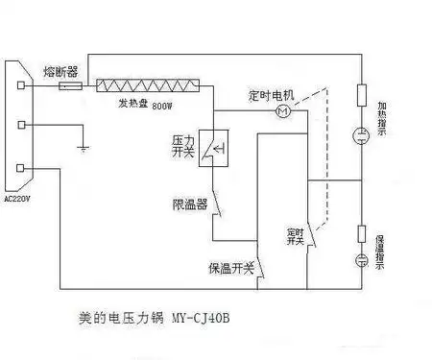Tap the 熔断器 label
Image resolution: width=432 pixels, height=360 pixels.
60,71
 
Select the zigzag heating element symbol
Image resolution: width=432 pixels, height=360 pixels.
148,85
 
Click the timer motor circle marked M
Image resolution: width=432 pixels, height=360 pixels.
281,112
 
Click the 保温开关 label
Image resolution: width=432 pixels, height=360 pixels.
230,268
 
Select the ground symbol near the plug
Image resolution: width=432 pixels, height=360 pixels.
83,148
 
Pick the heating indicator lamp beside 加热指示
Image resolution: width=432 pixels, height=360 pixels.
362,135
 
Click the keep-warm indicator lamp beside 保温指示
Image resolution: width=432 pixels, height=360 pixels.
362,261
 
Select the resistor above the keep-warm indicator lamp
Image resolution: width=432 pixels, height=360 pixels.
362,232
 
